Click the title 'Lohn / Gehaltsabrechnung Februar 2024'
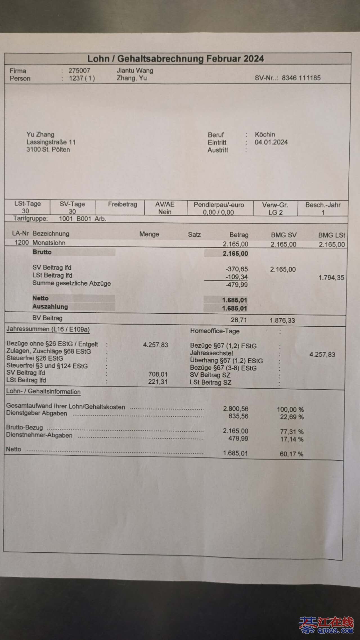coord(175,58)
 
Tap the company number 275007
coord(79,71)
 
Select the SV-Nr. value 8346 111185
coord(301,78)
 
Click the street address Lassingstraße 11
coord(51,142)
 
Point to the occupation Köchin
coord(265,134)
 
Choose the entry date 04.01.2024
coord(271,142)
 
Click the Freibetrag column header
coord(122,204)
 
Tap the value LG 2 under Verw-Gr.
coord(275,212)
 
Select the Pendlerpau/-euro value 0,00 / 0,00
coord(219,212)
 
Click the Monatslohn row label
coord(49,243)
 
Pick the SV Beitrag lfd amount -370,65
coord(237,269)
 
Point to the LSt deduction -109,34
coord(237,277)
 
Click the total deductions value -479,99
coord(237,285)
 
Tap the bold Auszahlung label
coord(50,307)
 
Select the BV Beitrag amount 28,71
coord(239,320)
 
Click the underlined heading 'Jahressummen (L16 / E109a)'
coord(48,329)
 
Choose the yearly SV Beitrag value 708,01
coord(158,374)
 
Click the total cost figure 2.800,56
coord(236,409)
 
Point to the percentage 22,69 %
coord(292,417)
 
